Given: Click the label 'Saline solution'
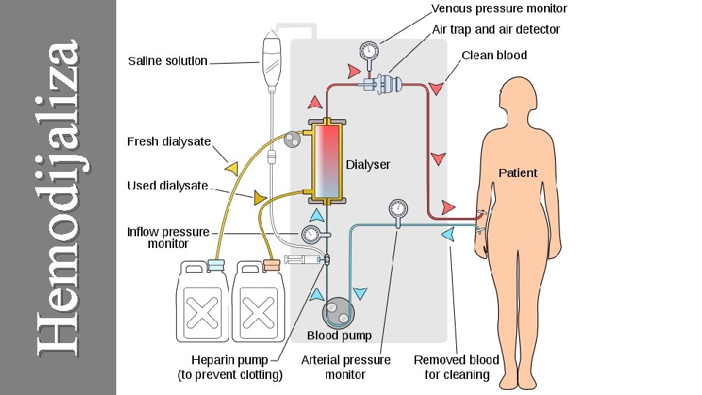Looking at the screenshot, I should [x=167, y=61].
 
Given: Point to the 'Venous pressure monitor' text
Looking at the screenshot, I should [x=499, y=9].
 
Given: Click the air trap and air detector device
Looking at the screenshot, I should [x=388, y=83].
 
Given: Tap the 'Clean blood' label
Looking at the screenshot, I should [x=494, y=56].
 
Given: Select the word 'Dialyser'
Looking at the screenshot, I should [x=368, y=165].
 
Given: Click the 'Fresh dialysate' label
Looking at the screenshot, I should [x=169, y=142].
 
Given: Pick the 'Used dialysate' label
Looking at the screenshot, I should [x=167, y=186].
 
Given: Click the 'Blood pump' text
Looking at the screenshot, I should [x=339, y=336].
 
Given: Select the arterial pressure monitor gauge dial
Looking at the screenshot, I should [x=398, y=207].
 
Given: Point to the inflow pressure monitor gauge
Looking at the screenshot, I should [x=310, y=234].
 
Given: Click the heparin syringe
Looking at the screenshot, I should [x=303, y=260].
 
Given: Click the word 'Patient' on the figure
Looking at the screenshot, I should [x=518, y=173].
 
